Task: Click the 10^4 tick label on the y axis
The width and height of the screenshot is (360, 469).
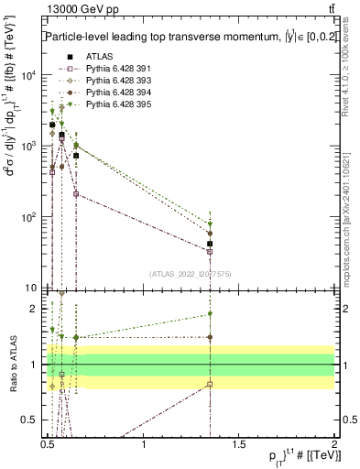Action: click(29, 75)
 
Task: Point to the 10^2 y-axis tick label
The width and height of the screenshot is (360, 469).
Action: click(29, 217)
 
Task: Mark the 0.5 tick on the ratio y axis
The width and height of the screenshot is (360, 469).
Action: click(33, 420)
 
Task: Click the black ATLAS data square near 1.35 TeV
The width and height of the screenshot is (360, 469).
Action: click(211, 245)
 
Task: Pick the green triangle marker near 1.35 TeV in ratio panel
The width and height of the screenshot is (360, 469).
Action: click(211, 314)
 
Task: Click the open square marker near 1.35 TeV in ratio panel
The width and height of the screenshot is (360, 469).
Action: click(211, 385)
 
